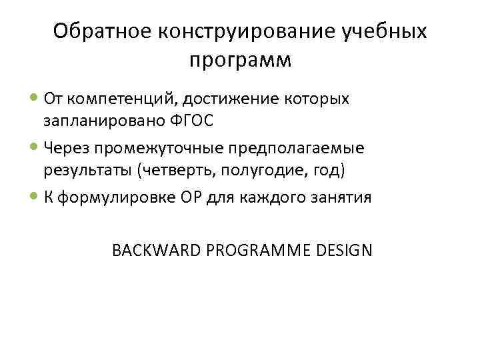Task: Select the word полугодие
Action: click(261, 171)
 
